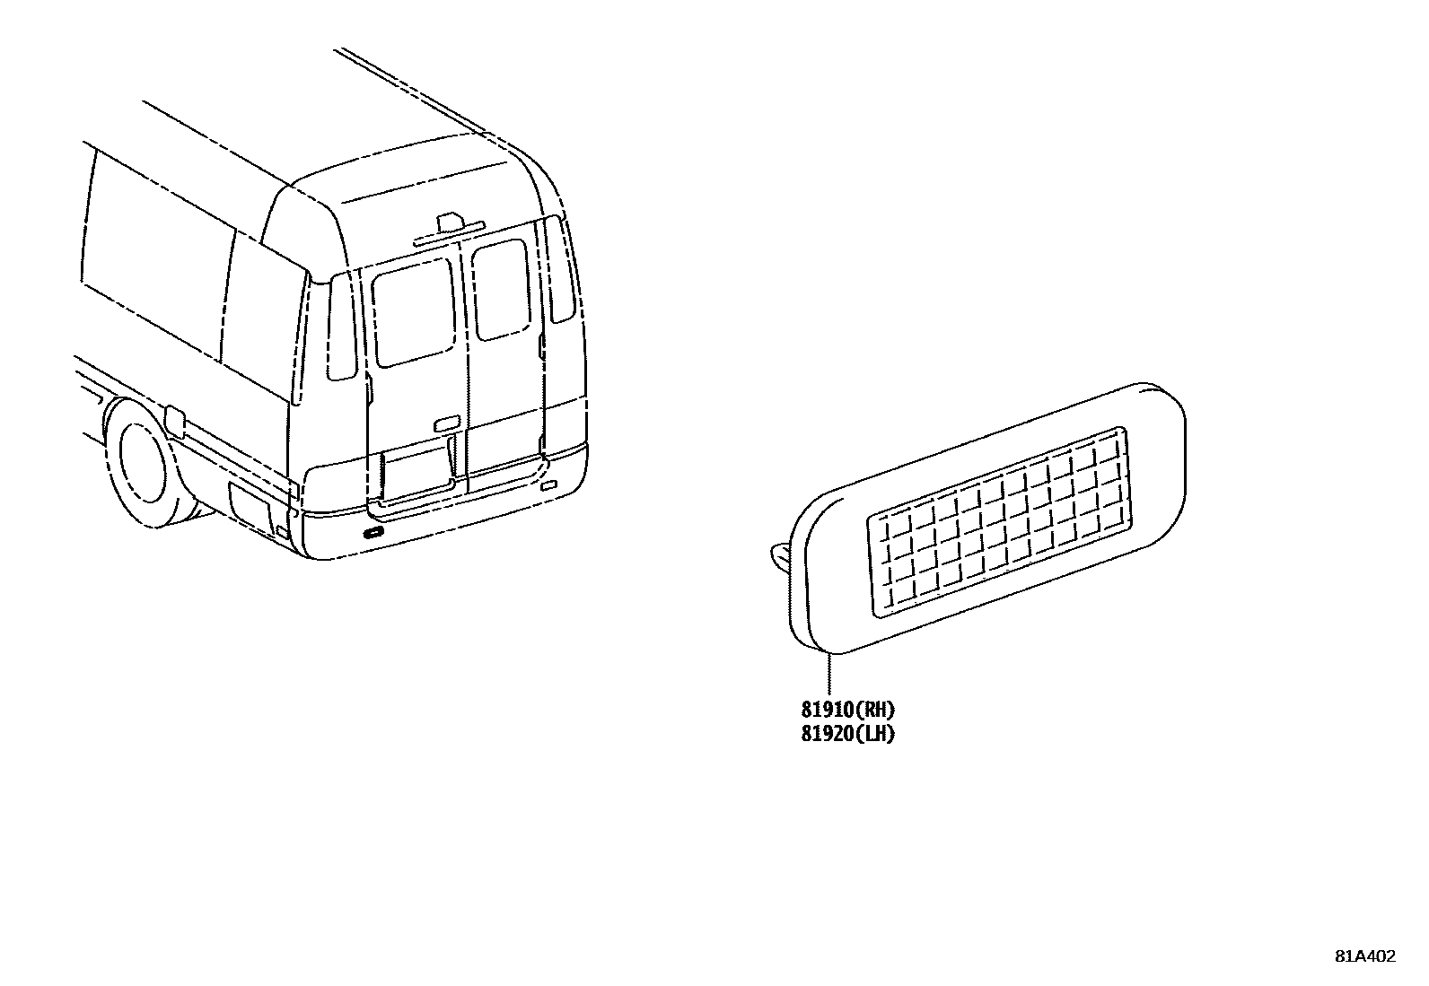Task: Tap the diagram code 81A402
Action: pyautogui.click(x=1364, y=956)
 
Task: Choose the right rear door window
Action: pyautogui.click(x=501, y=289)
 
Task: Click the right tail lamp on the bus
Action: pyautogui.click(x=559, y=269)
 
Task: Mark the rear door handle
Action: pyautogui.click(x=447, y=423)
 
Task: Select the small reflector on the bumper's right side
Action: pyautogui.click(x=548, y=488)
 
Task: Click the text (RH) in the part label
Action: pyautogui.click(x=876, y=711)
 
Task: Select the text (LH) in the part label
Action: pyautogui.click(x=876, y=734)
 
